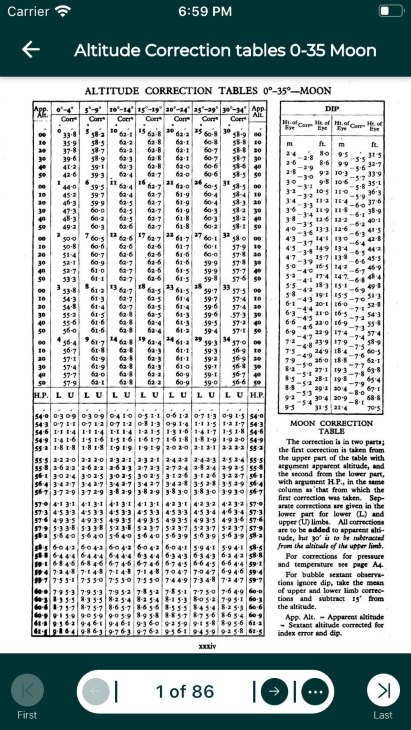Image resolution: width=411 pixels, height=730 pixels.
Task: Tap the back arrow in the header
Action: (x=31, y=50)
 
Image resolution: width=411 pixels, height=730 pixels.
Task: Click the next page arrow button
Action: (x=274, y=691)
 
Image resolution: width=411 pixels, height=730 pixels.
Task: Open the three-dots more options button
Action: (x=315, y=691)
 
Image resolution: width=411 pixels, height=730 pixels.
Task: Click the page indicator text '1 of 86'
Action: (x=185, y=691)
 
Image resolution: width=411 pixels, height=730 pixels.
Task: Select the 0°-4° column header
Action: (x=65, y=110)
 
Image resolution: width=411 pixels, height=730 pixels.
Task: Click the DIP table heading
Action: (x=332, y=109)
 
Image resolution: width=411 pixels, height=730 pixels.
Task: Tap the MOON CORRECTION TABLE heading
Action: (x=331, y=427)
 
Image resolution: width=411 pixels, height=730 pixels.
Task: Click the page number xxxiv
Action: (x=207, y=646)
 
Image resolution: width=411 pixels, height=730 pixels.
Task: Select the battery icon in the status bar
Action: (x=390, y=11)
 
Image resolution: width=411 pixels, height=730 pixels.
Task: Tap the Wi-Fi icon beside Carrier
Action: (x=63, y=11)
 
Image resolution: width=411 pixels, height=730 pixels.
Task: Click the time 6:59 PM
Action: (x=205, y=11)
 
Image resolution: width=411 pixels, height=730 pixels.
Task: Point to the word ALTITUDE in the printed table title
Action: (x=112, y=91)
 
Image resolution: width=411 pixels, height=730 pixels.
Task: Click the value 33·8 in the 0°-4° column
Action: (x=69, y=135)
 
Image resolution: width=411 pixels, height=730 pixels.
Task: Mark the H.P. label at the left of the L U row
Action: (x=41, y=395)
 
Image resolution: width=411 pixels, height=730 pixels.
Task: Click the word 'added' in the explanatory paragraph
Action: (x=319, y=530)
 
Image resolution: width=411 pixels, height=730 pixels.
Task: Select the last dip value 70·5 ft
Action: (x=374, y=408)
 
